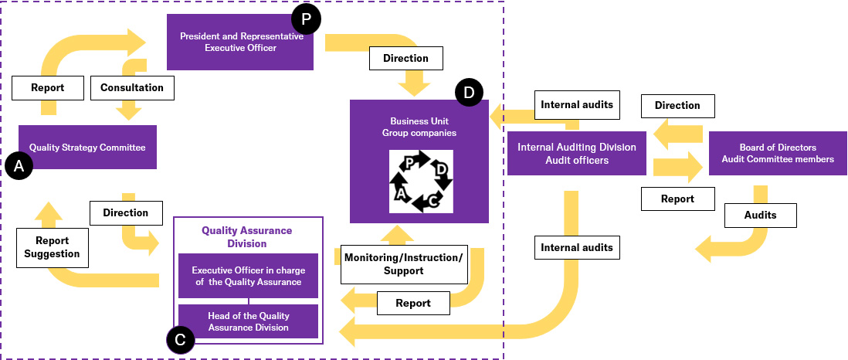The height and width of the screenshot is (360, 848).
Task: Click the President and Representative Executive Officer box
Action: point(240,42)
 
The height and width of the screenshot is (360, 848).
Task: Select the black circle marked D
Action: point(468,93)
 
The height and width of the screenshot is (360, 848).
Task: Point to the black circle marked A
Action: point(19,166)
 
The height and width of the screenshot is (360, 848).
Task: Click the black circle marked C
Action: point(180,339)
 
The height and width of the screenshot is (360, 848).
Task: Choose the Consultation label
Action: point(132,87)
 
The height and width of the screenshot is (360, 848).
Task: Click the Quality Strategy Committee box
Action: point(87,147)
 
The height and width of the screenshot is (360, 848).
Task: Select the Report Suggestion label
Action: point(51,246)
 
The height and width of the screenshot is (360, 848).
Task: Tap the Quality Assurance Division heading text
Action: point(246,236)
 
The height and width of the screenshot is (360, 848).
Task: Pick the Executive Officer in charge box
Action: point(248,276)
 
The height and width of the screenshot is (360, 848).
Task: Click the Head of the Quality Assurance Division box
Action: point(248,321)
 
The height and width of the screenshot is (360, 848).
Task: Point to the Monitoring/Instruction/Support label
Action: point(403,263)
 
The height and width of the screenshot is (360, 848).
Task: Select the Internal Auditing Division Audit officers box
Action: point(576,153)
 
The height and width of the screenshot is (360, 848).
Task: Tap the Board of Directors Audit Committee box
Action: point(777,153)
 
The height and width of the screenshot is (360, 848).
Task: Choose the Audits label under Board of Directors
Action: point(760,216)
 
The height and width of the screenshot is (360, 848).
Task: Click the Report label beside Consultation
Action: point(48,87)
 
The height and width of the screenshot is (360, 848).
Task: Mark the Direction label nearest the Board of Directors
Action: point(677,105)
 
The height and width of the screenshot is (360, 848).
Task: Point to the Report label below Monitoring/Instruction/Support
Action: point(413,303)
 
